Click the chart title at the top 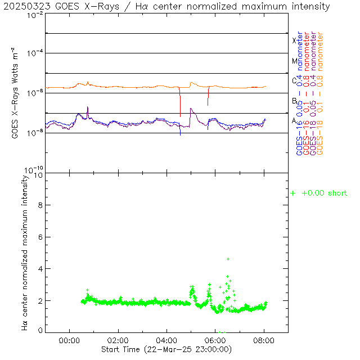(168, 7)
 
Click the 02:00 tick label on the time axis (118, 340)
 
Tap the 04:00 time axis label (166, 340)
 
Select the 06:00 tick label (215, 340)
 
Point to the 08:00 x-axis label (264, 340)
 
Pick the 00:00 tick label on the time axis (69, 340)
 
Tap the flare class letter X (294, 40)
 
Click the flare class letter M (294, 61)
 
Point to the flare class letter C (294, 81)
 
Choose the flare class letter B (294, 101)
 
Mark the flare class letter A (294, 121)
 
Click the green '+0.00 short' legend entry (319, 193)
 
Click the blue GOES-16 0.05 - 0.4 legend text (299, 93)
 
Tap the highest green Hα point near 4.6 (228, 259)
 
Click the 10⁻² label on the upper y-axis (35, 15)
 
